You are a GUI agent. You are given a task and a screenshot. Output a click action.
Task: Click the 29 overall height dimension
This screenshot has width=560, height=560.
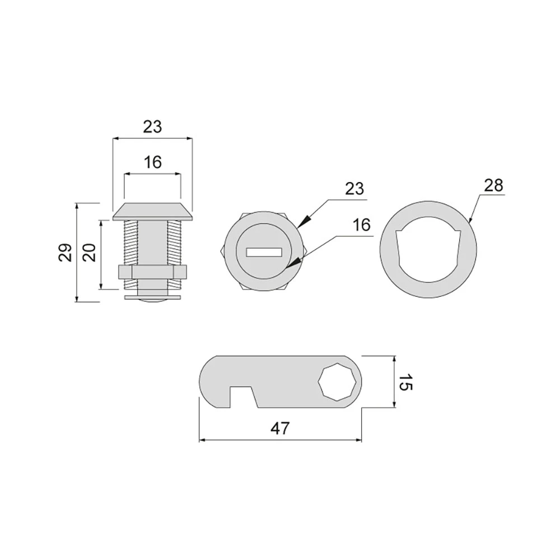point(66,253)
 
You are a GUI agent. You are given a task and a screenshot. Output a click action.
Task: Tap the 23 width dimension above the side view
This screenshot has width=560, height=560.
point(152,127)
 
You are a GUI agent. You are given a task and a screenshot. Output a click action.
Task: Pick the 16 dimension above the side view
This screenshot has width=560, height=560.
point(153,162)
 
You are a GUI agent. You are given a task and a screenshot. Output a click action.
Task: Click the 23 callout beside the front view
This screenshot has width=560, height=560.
point(354,189)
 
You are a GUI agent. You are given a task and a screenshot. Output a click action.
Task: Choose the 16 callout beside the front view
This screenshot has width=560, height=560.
point(361,225)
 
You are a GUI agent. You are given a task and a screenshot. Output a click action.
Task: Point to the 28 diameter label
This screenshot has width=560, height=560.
point(493,185)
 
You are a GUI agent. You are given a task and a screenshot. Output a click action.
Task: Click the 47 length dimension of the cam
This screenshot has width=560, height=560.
point(280,428)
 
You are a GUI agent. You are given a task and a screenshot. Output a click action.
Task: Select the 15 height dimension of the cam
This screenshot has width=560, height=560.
point(405,382)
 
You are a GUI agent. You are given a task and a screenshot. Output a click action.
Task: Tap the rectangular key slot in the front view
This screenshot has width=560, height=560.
point(264,253)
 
